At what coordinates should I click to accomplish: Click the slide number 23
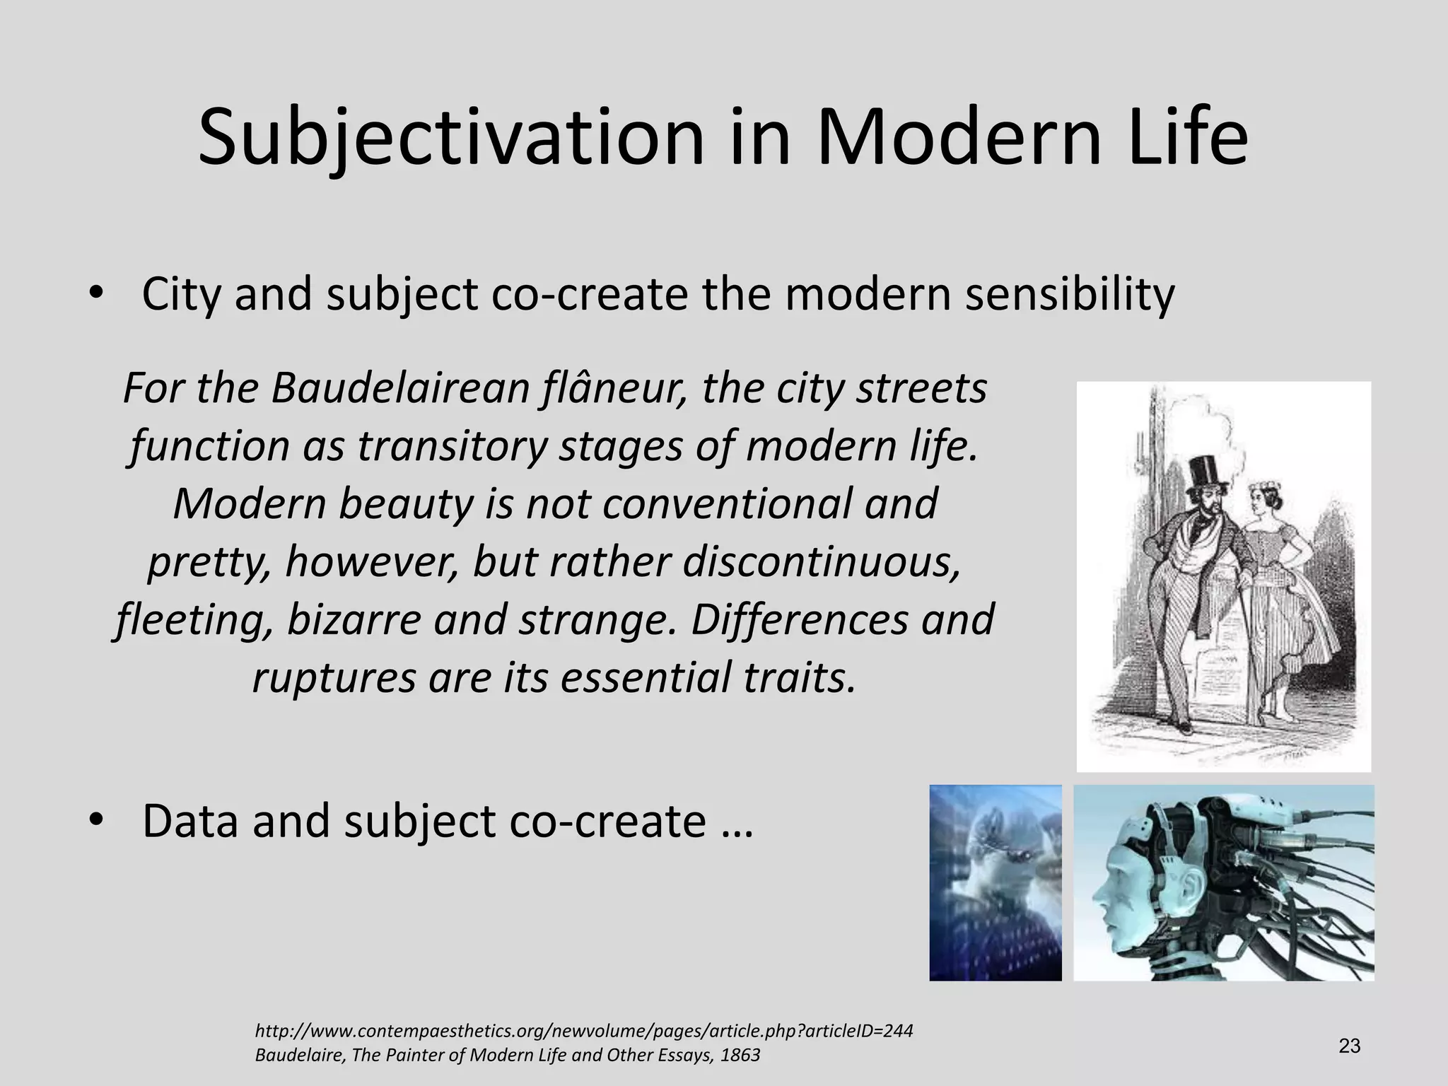[1349, 1046]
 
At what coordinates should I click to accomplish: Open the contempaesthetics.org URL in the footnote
[583, 1030]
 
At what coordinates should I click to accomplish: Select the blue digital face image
[995, 882]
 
